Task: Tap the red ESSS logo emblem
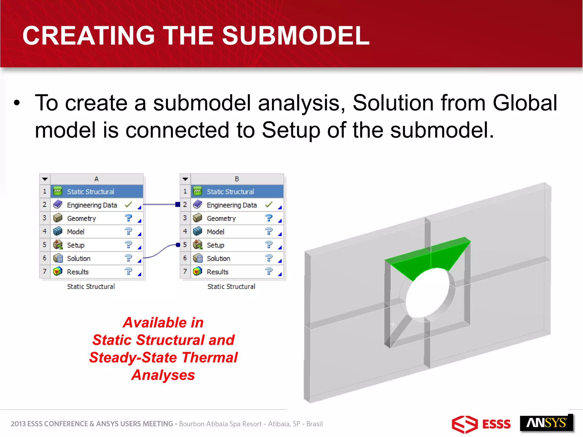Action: pyautogui.click(x=465, y=424)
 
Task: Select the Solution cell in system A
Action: pyautogui.click(x=79, y=258)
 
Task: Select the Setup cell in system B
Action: pyautogui.click(x=215, y=245)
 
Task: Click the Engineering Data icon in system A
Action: pyautogui.click(x=58, y=205)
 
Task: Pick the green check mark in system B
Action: pyautogui.click(x=268, y=204)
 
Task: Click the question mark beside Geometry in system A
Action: pyautogui.click(x=128, y=218)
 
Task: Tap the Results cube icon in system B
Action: pyautogui.click(x=198, y=271)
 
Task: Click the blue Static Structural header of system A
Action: pyautogui.click(x=91, y=191)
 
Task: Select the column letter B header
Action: pyautogui.click(x=237, y=179)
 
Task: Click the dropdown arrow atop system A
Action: pyautogui.click(x=45, y=179)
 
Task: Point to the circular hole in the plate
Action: pyautogui.click(x=427, y=293)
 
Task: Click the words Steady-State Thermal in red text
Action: pyautogui.click(x=163, y=358)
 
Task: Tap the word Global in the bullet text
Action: pyautogui.click(x=525, y=103)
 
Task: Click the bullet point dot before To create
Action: pyautogui.click(x=17, y=103)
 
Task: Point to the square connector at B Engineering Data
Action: pyautogui.click(x=178, y=204)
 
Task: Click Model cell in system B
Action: pyautogui.click(x=215, y=232)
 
